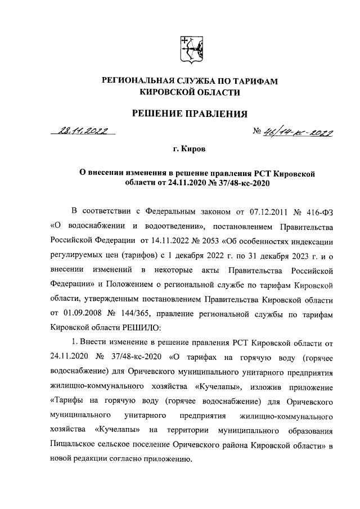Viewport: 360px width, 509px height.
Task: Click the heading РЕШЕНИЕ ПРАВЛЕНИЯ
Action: (x=189, y=114)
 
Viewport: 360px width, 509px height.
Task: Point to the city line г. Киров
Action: (x=189, y=150)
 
